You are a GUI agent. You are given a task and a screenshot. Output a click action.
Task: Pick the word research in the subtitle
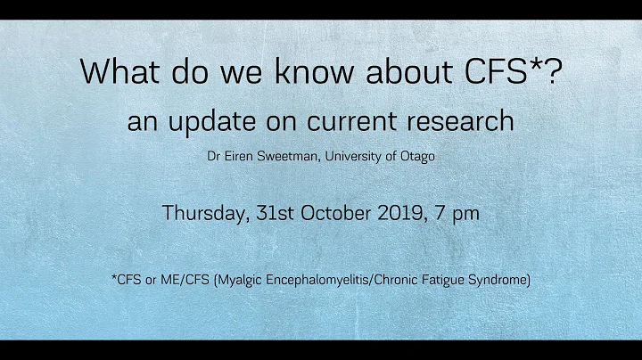tap(466, 122)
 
